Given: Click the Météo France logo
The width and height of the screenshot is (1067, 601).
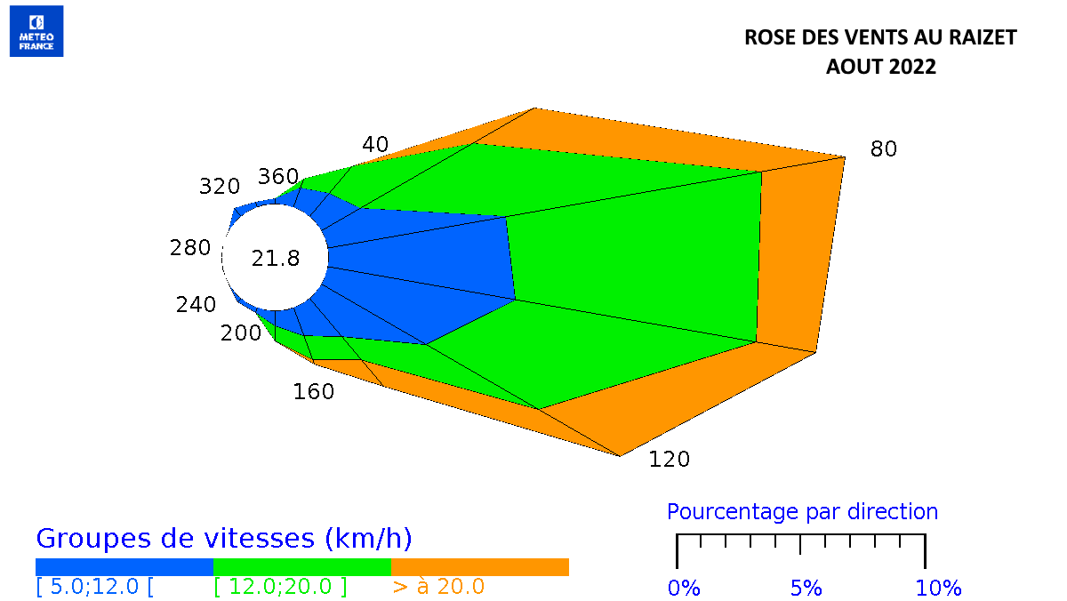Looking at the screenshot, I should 36,31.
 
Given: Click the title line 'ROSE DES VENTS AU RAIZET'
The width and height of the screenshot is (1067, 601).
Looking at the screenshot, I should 879,37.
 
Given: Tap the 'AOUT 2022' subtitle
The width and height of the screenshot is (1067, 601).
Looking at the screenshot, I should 880,67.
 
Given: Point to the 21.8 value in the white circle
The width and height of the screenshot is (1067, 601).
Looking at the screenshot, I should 275,259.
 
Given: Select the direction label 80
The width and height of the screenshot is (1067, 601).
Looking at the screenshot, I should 883,148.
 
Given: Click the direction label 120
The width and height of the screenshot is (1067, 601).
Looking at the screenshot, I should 669,459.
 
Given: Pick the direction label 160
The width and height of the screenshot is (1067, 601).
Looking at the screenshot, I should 314,391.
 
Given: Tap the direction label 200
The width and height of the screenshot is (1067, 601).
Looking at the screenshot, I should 241,333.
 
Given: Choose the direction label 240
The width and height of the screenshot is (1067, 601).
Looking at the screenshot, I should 196,304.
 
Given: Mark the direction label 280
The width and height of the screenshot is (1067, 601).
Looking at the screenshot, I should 190,247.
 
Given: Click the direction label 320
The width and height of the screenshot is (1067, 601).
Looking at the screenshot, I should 220,187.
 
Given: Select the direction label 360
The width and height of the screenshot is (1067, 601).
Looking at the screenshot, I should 278,176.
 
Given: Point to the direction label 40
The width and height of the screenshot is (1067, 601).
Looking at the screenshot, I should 375,144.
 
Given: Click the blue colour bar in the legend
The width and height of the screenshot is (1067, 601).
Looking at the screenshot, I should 124,567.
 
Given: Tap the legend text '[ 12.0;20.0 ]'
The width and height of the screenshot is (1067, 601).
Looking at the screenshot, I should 280,587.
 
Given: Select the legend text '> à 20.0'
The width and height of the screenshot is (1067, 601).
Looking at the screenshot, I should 437,587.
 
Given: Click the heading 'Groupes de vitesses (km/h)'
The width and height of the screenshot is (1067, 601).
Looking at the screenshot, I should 223,538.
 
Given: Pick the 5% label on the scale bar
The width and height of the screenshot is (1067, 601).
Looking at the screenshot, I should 807,588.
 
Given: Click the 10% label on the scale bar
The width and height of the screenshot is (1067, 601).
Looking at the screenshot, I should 938,588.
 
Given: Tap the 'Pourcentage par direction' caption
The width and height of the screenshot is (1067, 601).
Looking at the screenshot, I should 802,511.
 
